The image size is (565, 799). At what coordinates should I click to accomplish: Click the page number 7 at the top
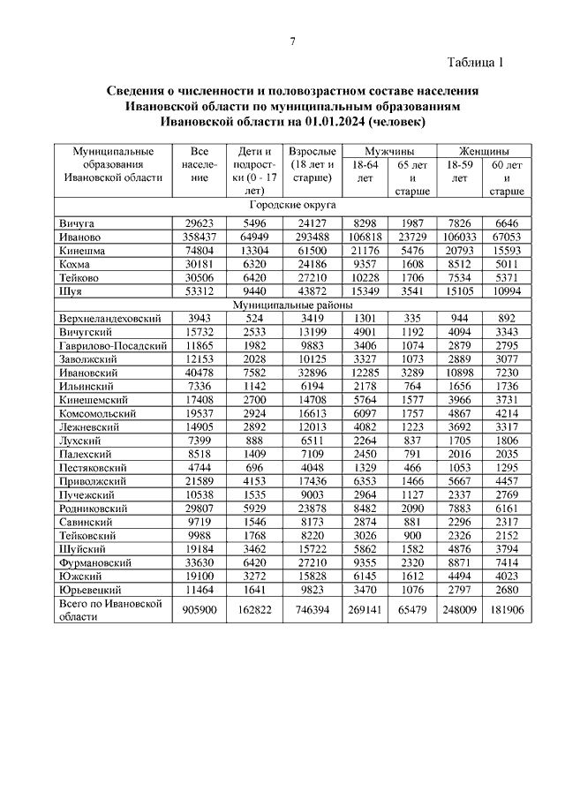pos(292,42)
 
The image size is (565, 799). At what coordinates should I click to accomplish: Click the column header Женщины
pos(484,151)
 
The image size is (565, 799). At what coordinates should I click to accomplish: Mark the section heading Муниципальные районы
pos(293,305)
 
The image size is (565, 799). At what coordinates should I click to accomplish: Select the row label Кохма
pos(77,263)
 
